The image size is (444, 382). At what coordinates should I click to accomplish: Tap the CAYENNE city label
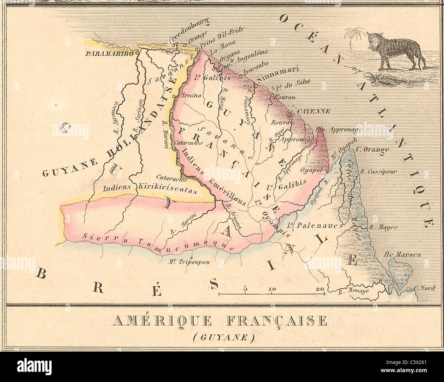tap(313, 111)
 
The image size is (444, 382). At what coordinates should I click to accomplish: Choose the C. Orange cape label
tap(372, 149)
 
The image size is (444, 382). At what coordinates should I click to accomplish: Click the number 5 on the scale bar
tap(245, 289)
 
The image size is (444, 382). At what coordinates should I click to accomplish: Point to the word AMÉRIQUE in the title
tap(162, 321)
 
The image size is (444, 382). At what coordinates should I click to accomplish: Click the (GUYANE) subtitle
tap(224, 338)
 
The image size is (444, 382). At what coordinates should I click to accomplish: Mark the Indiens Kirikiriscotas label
tap(150, 189)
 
